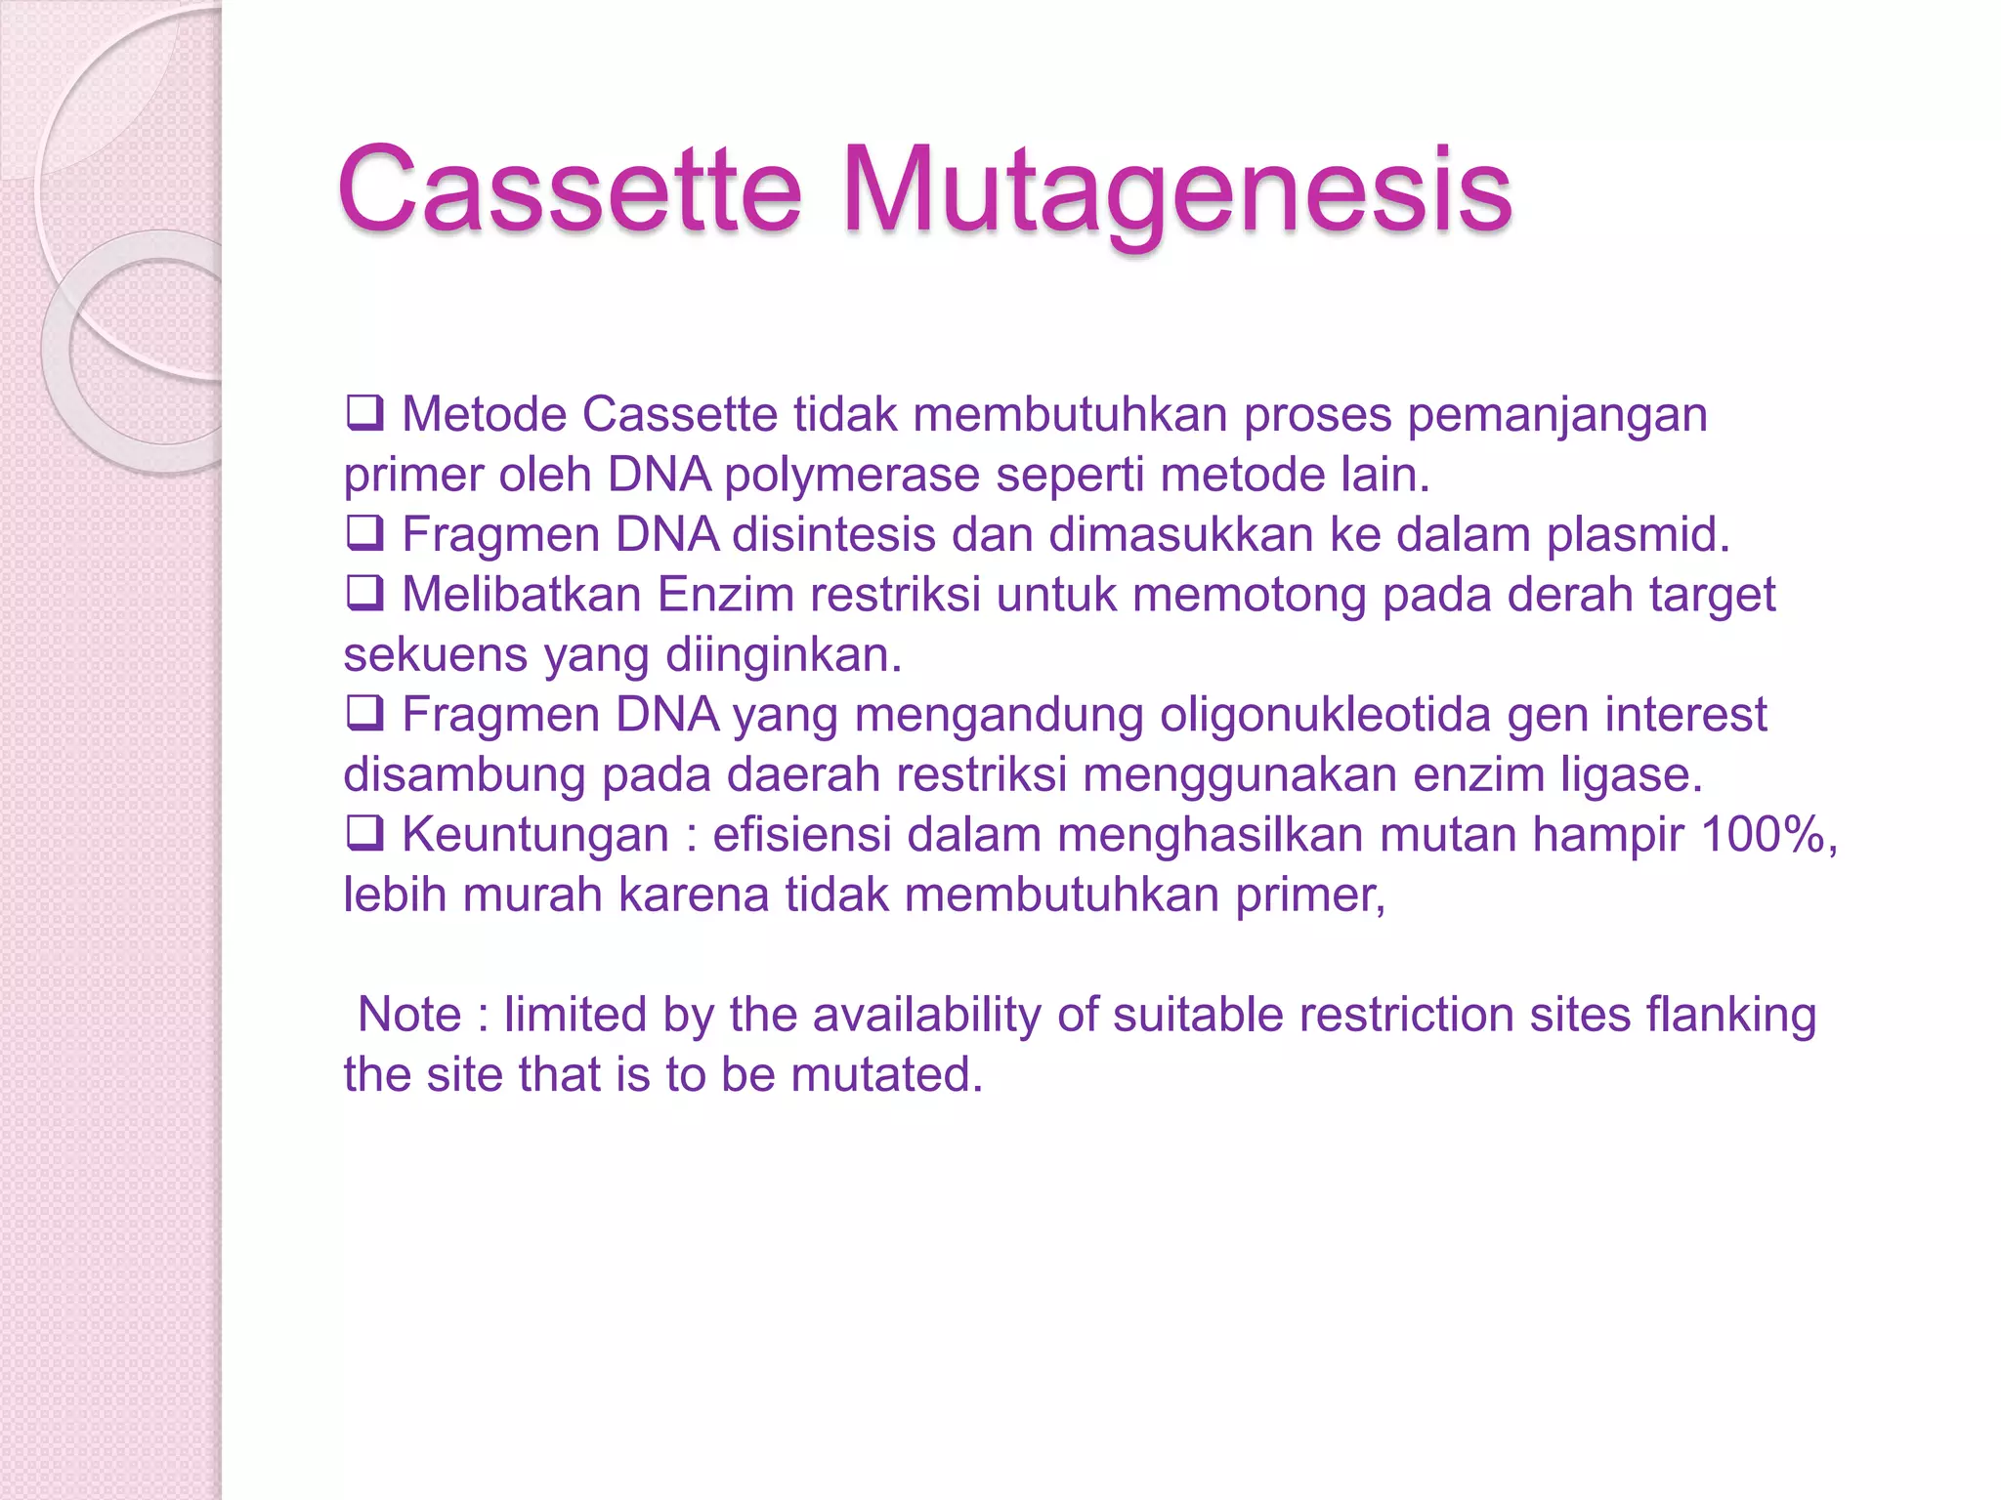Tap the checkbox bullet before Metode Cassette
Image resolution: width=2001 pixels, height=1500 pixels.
click(364, 413)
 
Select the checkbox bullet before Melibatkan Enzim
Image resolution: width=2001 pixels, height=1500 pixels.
click(364, 593)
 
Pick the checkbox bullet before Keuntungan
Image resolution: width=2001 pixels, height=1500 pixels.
click(364, 833)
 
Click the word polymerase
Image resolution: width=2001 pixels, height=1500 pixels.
click(852, 476)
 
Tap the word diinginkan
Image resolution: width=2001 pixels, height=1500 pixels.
click(783, 655)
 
